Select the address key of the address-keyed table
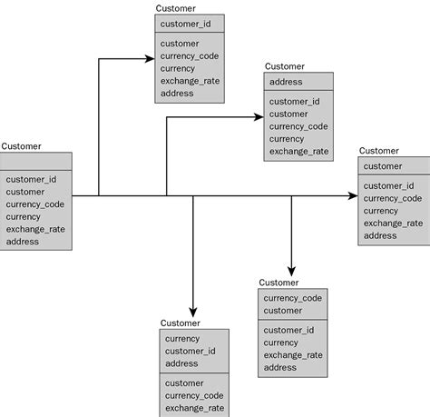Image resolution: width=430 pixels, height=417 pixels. click(286, 82)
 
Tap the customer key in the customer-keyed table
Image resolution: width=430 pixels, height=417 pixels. click(382, 166)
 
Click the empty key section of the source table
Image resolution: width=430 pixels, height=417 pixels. click(35, 161)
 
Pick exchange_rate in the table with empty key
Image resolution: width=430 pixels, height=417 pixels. click(35, 230)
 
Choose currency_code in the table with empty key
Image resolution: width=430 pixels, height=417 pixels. click(35, 204)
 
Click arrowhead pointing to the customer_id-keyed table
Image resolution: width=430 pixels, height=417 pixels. click(149, 59)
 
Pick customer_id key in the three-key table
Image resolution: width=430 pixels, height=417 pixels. click(190, 352)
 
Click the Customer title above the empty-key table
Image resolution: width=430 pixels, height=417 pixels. click(21, 146)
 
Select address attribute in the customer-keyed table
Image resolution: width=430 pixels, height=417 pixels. click(380, 235)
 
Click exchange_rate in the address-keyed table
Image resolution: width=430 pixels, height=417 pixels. click(298, 152)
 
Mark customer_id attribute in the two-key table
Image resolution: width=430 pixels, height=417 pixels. click(288, 330)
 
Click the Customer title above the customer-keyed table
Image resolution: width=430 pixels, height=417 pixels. click(378, 151)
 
